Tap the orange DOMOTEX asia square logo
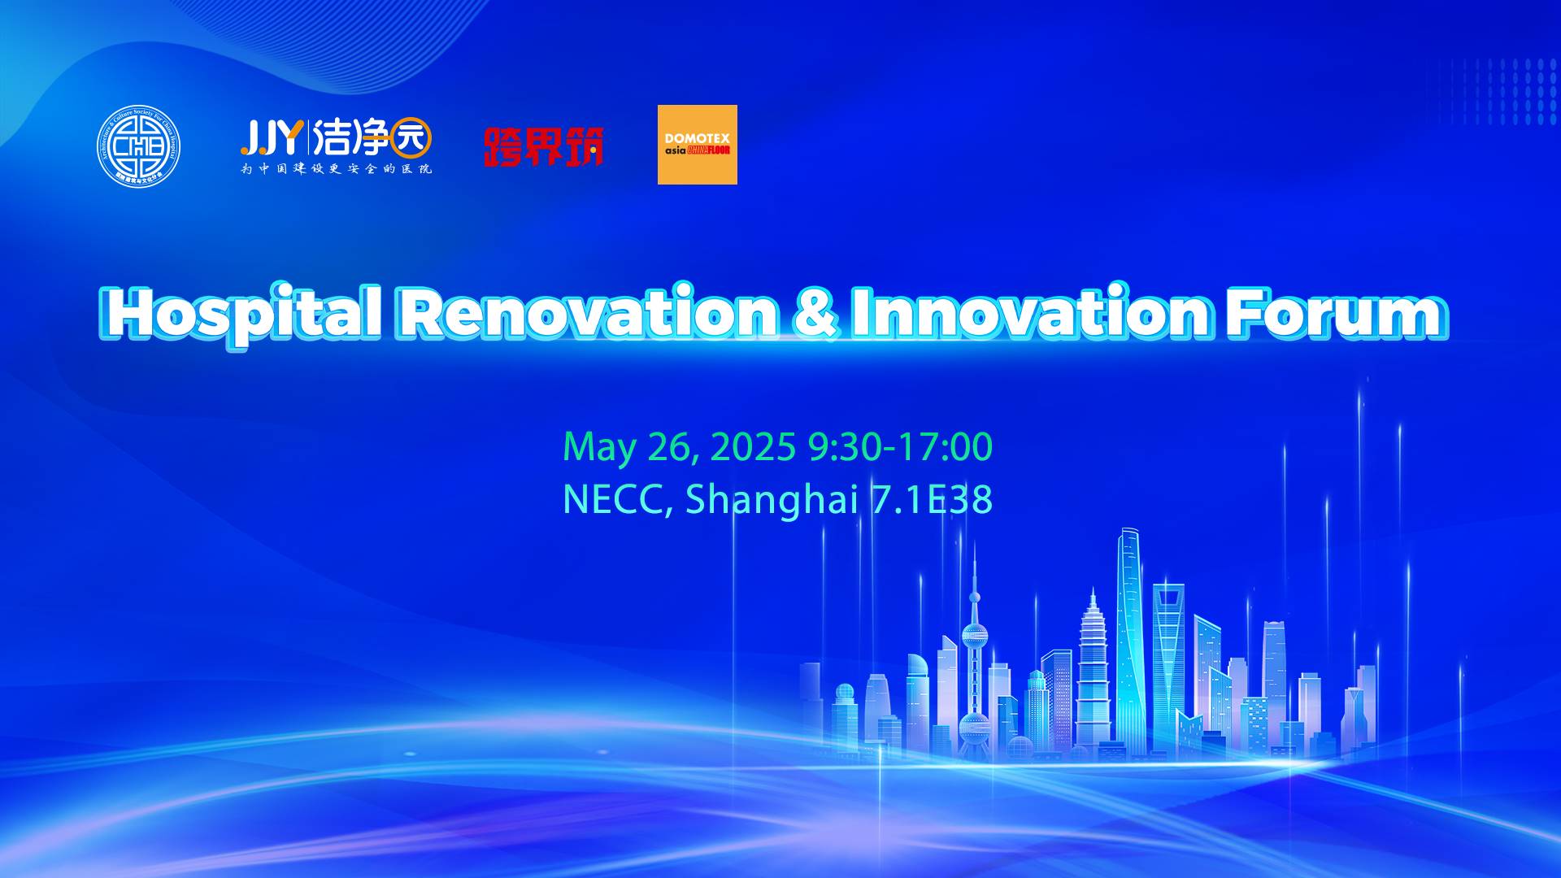tap(697, 145)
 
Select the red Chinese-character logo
tap(543, 146)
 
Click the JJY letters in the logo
tap(271, 137)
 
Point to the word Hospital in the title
tap(244, 313)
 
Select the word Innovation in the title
tap(1029, 313)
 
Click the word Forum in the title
tap(1334, 313)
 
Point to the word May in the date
tap(598, 447)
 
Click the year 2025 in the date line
tap(753, 447)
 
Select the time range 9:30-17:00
tap(900, 447)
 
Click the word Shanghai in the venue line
tap(772, 499)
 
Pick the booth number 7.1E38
tap(932, 499)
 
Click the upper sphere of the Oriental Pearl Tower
tap(974, 635)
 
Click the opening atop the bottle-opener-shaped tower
tap(1167, 598)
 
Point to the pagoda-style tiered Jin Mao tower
tap(1093, 650)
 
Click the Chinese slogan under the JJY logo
tap(336, 169)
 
